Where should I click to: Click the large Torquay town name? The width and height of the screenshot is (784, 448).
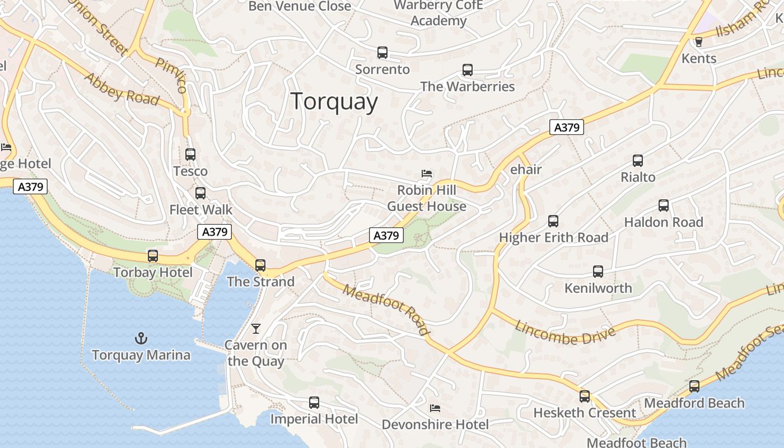coord(334,102)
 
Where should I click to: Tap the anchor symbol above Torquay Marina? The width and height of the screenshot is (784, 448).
coord(141,338)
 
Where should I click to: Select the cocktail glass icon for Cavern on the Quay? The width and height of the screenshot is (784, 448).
coord(256,328)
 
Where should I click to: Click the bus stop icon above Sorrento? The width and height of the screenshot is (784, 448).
coord(382,53)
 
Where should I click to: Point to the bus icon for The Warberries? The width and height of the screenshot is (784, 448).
coord(467,70)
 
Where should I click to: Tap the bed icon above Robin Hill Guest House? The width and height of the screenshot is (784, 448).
coord(427,174)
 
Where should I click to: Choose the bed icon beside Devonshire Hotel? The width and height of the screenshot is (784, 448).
coord(435,408)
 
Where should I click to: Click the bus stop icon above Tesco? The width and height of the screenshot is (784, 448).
coord(190,155)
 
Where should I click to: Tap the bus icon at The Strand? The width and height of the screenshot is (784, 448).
coord(260,265)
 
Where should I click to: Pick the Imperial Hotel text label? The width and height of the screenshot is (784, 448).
coord(314,419)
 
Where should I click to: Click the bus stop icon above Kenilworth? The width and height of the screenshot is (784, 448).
coord(598,272)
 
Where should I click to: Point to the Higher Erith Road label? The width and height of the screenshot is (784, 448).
coord(553,237)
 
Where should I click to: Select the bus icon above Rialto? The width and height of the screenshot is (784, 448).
coord(637,161)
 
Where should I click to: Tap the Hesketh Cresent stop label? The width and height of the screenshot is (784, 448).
coord(585,413)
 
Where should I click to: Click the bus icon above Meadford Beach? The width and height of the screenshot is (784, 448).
coord(694,386)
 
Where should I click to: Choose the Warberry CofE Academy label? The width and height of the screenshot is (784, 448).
coord(438,13)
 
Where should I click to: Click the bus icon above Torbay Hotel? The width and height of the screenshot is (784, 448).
coord(153,256)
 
